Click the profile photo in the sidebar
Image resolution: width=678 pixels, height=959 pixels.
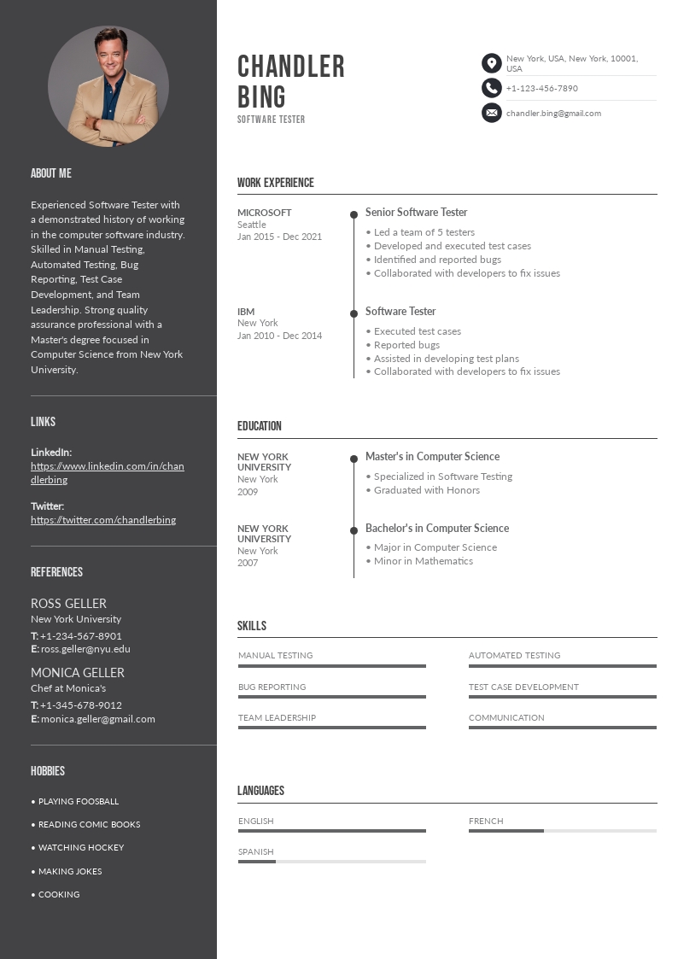click(108, 86)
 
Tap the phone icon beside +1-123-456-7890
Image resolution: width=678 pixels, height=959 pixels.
click(491, 88)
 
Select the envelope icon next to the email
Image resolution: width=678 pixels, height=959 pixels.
click(491, 113)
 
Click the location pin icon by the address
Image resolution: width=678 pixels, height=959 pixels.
click(491, 63)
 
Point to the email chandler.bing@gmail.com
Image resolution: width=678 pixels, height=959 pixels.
click(553, 113)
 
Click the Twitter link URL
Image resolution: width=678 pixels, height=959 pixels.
click(103, 520)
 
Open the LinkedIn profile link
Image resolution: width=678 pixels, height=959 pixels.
click(107, 473)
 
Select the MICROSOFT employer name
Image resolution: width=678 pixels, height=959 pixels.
click(265, 213)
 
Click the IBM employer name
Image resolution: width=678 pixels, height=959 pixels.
click(246, 312)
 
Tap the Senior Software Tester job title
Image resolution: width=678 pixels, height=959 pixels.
click(416, 213)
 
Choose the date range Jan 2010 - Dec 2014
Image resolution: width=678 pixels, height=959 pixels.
click(279, 336)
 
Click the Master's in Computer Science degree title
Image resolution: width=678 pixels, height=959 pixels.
click(432, 457)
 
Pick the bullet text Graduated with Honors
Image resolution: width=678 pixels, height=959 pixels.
click(427, 490)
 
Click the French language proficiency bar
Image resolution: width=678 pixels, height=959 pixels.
click(562, 830)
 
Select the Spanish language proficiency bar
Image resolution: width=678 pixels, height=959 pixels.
click(331, 861)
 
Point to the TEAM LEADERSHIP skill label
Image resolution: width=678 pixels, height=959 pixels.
click(277, 718)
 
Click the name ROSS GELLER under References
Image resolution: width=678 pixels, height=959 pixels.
click(68, 604)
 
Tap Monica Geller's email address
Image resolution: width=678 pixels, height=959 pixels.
click(98, 719)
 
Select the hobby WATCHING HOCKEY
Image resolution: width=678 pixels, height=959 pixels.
click(81, 848)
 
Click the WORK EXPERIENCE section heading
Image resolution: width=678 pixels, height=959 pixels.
click(276, 183)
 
